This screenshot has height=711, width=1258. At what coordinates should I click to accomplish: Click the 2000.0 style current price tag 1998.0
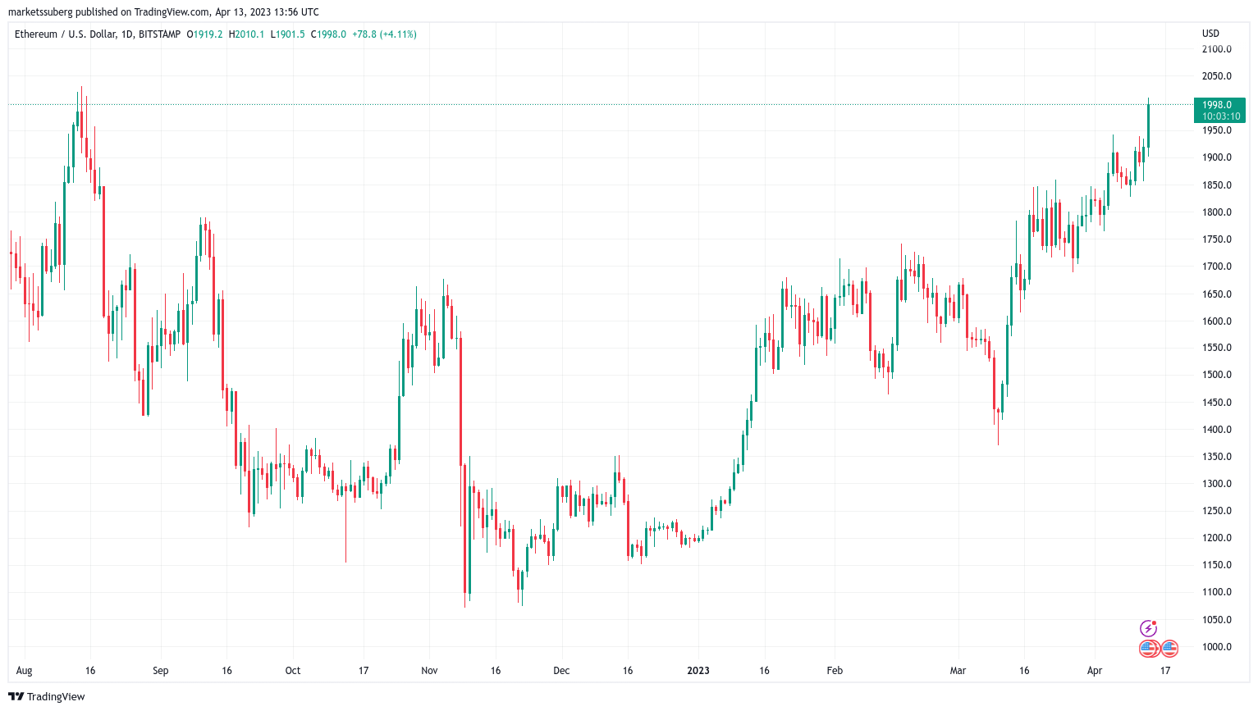(x=1217, y=105)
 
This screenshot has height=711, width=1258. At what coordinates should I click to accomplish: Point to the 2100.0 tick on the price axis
(x=1217, y=49)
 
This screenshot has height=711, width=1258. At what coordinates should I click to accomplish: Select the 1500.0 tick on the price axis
(x=1217, y=375)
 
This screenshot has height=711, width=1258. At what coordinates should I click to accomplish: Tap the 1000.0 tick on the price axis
(x=1217, y=647)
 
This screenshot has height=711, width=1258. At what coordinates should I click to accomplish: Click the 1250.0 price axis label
(x=1217, y=511)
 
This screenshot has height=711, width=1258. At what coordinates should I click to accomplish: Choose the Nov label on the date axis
(x=429, y=671)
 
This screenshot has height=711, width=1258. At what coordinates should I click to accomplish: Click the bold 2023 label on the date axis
(x=698, y=671)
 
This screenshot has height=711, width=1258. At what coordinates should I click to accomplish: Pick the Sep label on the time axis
(x=161, y=671)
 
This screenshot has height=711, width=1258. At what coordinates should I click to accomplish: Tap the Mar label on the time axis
(x=958, y=671)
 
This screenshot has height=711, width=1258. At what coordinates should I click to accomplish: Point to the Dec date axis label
(x=561, y=671)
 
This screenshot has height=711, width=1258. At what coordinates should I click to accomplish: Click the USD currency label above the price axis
(x=1210, y=34)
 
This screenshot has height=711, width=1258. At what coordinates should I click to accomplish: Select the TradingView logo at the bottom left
(x=47, y=697)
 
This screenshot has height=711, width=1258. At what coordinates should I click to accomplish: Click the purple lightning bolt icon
(x=1148, y=629)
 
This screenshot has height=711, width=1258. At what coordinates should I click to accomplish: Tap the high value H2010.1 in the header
(x=246, y=34)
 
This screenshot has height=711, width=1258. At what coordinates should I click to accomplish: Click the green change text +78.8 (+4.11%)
(x=384, y=34)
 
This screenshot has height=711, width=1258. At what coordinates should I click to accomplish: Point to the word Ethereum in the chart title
(x=36, y=34)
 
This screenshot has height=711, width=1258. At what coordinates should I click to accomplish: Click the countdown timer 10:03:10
(x=1221, y=116)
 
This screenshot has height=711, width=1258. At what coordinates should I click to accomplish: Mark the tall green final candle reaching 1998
(x=1148, y=125)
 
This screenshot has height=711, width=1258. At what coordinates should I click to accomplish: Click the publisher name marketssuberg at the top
(x=41, y=12)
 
